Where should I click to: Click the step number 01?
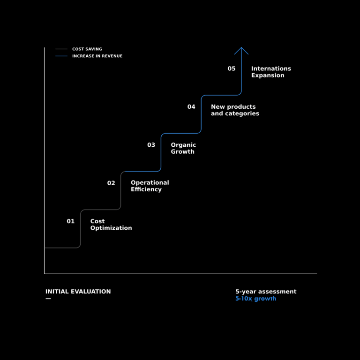click(70, 221)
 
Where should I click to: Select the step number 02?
click(111, 183)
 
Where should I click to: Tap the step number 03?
click(151, 145)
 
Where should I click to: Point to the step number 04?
click(191, 107)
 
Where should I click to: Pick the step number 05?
click(232, 68)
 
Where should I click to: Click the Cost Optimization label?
click(111, 225)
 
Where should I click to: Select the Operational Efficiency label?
click(150, 186)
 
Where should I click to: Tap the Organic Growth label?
click(183, 148)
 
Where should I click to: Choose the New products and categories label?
click(235, 110)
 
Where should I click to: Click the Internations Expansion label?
click(271, 72)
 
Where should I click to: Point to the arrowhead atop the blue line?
click(241, 48)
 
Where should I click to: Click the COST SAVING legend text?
click(87, 49)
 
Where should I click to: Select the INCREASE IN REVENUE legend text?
click(97, 56)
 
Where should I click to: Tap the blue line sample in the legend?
click(61, 56)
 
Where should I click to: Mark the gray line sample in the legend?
click(61, 49)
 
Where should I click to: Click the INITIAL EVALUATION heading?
click(78, 292)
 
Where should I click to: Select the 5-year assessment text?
click(266, 292)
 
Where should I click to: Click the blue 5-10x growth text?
click(256, 299)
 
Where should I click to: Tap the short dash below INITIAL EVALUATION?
click(48, 299)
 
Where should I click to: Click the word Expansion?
click(268, 75)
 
